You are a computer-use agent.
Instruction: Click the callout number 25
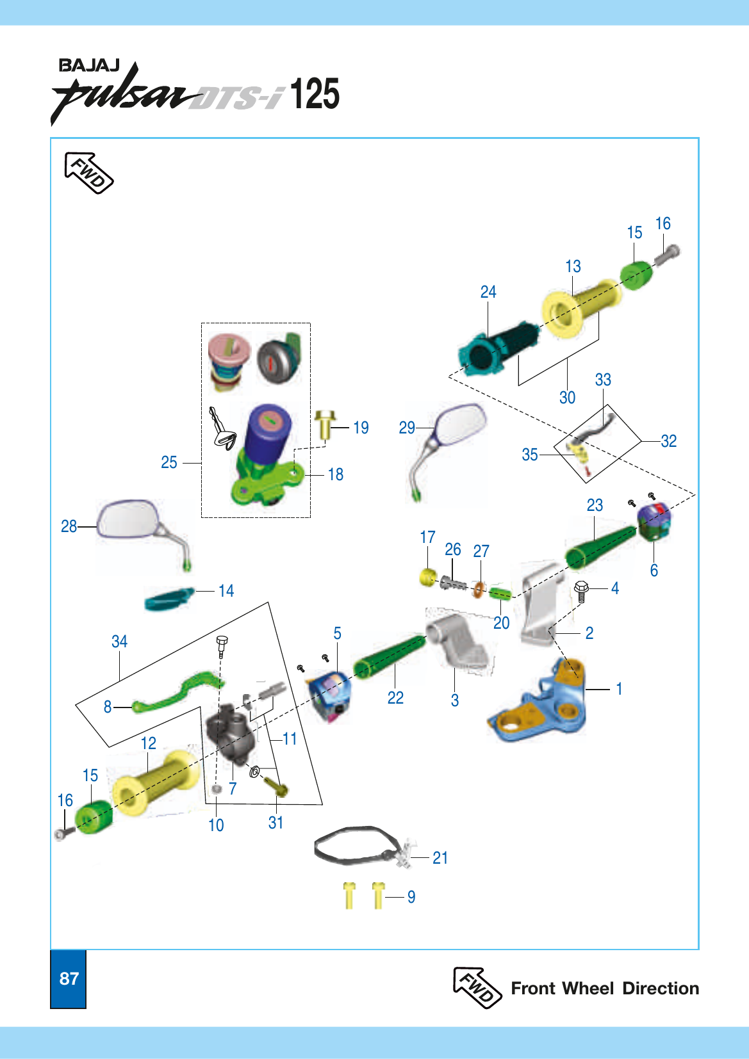point(169,462)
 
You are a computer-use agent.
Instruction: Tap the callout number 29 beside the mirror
point(407,428)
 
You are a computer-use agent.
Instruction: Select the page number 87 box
point(69,979)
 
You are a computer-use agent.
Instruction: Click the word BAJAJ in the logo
point(90,66)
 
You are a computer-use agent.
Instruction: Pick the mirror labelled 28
point(142,529)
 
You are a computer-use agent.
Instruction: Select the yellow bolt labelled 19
point(325,424)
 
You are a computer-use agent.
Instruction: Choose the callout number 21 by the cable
point(440,857)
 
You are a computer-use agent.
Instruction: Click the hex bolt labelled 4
point(581,591)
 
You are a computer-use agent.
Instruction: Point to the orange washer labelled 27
point(479,590)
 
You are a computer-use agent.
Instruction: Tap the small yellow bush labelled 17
point(428,578)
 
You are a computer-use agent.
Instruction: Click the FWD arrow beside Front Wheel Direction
point(477,987)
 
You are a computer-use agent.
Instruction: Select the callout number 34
point(119,642)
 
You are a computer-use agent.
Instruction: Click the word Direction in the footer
point(661,989)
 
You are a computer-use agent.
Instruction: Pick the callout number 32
point(668,441)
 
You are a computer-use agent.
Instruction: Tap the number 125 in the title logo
point(315,93)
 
